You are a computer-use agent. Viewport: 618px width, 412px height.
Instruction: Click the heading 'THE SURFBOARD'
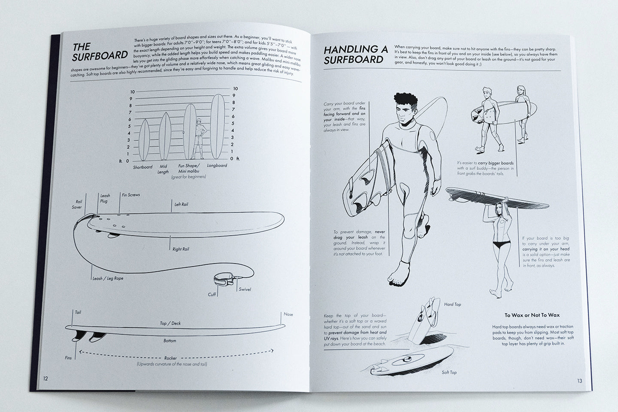pyautogui.click(x=100, y=51)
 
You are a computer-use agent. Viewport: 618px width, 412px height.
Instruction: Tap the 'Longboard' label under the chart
pyautogui.click(x=217, y=166)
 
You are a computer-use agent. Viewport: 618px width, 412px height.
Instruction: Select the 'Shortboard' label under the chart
pyautogui.click(x=142, y=167)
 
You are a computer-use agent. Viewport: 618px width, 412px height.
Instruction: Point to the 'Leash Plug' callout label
pyautogui.click(x=104, y=198)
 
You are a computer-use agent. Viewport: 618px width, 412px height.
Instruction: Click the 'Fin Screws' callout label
pyautogui.click(x=131, y=195)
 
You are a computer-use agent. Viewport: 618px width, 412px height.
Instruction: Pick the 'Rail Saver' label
pyautogui.click(x=77, y=204)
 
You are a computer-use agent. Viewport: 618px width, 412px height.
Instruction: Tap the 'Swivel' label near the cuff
pyautogui.click(x=245, y=289)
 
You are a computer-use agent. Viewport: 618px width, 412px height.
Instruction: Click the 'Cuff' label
pyautogui.click(x=212, y=295)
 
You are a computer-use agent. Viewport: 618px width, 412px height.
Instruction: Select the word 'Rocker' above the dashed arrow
pyautogui.click(x=170, y=358)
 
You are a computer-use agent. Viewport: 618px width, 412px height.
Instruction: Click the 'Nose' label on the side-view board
pyautogui.click(x=288, y=314)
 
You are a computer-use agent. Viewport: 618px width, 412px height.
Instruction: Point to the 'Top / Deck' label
pyautogui.click(x=170, y=323)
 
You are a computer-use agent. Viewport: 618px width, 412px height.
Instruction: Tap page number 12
pyautogui.click(x=45, y=378)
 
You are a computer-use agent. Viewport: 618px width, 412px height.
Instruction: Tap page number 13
pyautogui.click(x=579, y=380)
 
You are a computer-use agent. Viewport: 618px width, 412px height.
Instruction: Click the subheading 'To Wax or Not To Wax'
pyautogui.click(x=532, y=315)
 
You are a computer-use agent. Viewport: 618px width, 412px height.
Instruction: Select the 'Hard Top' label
pyautogui.click(x=452, y=304)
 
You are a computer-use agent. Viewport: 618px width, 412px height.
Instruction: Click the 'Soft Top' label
pyautogui.click(x=449, y=372)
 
